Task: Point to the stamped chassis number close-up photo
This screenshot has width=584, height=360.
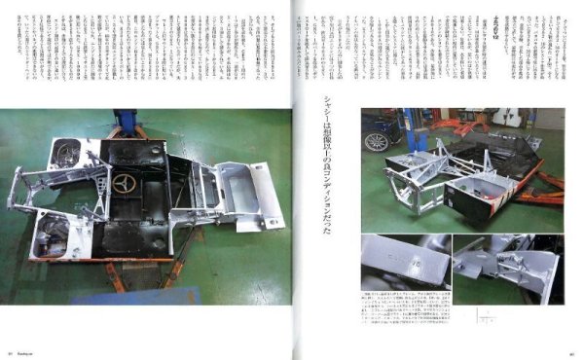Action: [x=407, y=262]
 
